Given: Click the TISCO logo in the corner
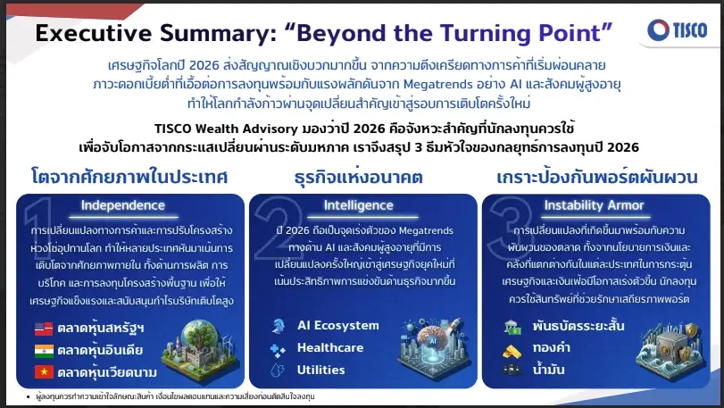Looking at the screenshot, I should coord(678,29).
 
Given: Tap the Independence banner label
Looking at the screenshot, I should coord(123,205).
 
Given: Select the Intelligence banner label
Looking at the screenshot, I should coord(358,205).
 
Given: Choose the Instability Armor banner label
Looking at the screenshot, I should coord(594,205).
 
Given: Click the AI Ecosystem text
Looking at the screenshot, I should coord(338,325).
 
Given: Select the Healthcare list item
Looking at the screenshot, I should coord(330,347).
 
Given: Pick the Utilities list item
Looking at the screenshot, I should coord(322,369).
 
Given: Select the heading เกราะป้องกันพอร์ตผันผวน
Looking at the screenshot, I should coord(594,176).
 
